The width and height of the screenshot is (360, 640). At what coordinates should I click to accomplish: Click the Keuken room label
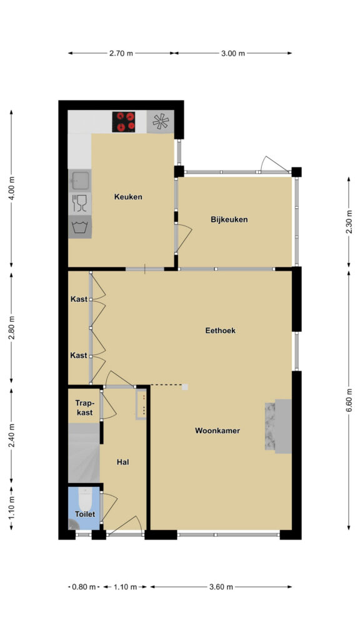coord(128,197)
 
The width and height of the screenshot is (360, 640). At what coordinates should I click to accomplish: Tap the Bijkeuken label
coord(229,219)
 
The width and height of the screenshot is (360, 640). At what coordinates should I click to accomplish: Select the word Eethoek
coord(221,331)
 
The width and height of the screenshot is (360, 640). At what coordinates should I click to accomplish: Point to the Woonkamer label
coord(217,430)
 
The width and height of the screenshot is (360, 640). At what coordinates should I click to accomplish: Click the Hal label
coord(123,462)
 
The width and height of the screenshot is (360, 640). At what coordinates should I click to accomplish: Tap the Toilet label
coord(84,514)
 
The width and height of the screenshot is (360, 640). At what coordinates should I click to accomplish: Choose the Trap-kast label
coord(84,407)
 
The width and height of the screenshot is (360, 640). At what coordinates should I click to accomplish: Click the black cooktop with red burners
coord(124,122)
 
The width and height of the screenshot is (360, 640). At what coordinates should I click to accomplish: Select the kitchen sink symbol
coord(79,181)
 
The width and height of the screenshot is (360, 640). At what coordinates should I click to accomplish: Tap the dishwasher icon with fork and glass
coord(79,203)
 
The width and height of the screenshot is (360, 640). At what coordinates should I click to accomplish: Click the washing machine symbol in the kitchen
coord(79,226)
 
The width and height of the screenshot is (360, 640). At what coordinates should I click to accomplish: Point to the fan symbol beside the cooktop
coord(160,122)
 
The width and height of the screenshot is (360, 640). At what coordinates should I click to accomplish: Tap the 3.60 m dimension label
coord(221,587)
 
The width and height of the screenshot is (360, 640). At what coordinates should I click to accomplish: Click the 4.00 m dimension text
coord(11,188)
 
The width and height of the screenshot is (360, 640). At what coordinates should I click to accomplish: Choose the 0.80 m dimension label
coord(84,587)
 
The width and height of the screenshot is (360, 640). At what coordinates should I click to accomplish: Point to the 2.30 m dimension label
coord(349,222)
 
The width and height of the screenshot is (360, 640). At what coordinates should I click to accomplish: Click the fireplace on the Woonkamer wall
coord(278,426)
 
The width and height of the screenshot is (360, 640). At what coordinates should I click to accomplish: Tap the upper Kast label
coord(79,299)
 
